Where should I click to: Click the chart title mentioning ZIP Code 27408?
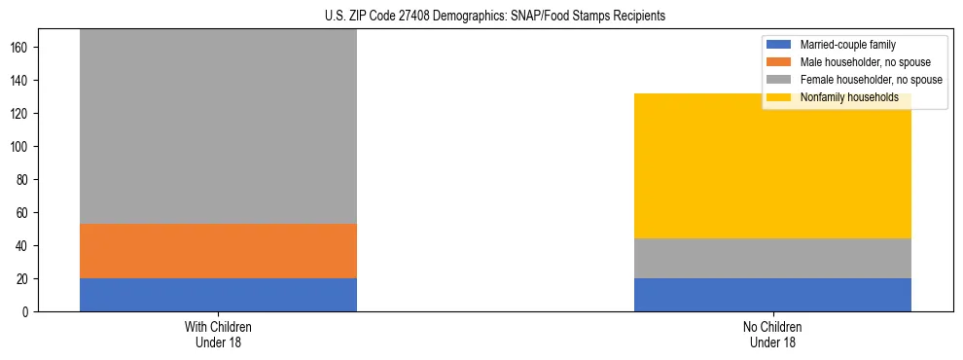click(481, 16)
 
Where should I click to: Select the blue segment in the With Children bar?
click(218, 295)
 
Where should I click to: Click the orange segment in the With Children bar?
click(218, 251)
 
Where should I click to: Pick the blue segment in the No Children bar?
click(772, 295)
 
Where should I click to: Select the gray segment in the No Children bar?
click(772, 258)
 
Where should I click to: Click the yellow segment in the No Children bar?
click(772, 166)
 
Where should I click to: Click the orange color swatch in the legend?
click(780, 62)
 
